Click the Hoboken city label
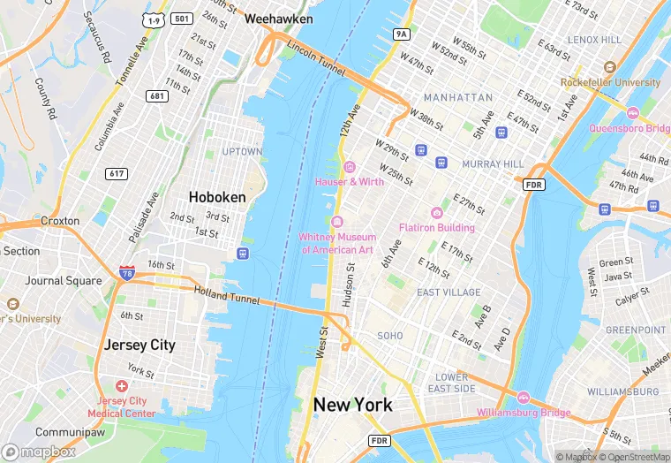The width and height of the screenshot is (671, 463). point(217,197)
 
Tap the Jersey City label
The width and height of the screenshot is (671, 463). point(139,345)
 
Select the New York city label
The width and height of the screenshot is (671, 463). point(353,405)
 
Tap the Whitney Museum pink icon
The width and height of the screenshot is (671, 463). point(337,221)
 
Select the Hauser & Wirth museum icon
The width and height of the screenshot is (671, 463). point(350,166)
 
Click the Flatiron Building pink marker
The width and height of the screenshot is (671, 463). point(436,212)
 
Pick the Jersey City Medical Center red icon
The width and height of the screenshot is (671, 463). point(122,387)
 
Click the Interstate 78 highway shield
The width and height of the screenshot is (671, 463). point(127,274)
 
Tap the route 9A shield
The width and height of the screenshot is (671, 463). point(403,34)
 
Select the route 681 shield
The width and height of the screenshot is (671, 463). point(158,96)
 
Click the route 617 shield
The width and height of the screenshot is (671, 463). point(115,173)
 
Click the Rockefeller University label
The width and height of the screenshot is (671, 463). point(610,82)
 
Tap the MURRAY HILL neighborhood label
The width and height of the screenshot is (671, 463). point(494,164)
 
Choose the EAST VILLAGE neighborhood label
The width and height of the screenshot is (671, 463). point(449,292)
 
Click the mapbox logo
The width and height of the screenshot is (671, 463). point(39,452)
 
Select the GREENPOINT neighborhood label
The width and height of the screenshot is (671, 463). point(636,330)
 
